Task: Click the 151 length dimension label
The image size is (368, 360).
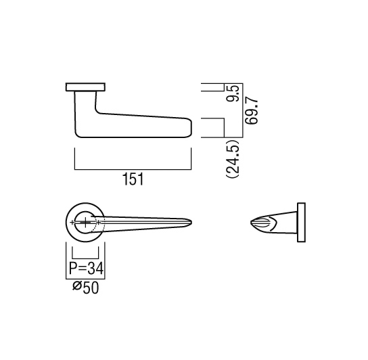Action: (133, 179)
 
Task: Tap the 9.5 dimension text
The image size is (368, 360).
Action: (233, 93)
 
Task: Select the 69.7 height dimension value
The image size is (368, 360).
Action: (251, 112)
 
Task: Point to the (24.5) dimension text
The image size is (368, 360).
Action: (233, 159)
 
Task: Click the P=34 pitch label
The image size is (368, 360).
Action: (86, 269)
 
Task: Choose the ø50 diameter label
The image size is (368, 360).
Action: (85, 288)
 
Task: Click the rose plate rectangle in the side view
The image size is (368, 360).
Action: (85, 87)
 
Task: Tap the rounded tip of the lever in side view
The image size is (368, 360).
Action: (191, 128)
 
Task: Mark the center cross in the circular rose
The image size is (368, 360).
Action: (85, 222)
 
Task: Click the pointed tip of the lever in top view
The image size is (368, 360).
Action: (191, 222)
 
